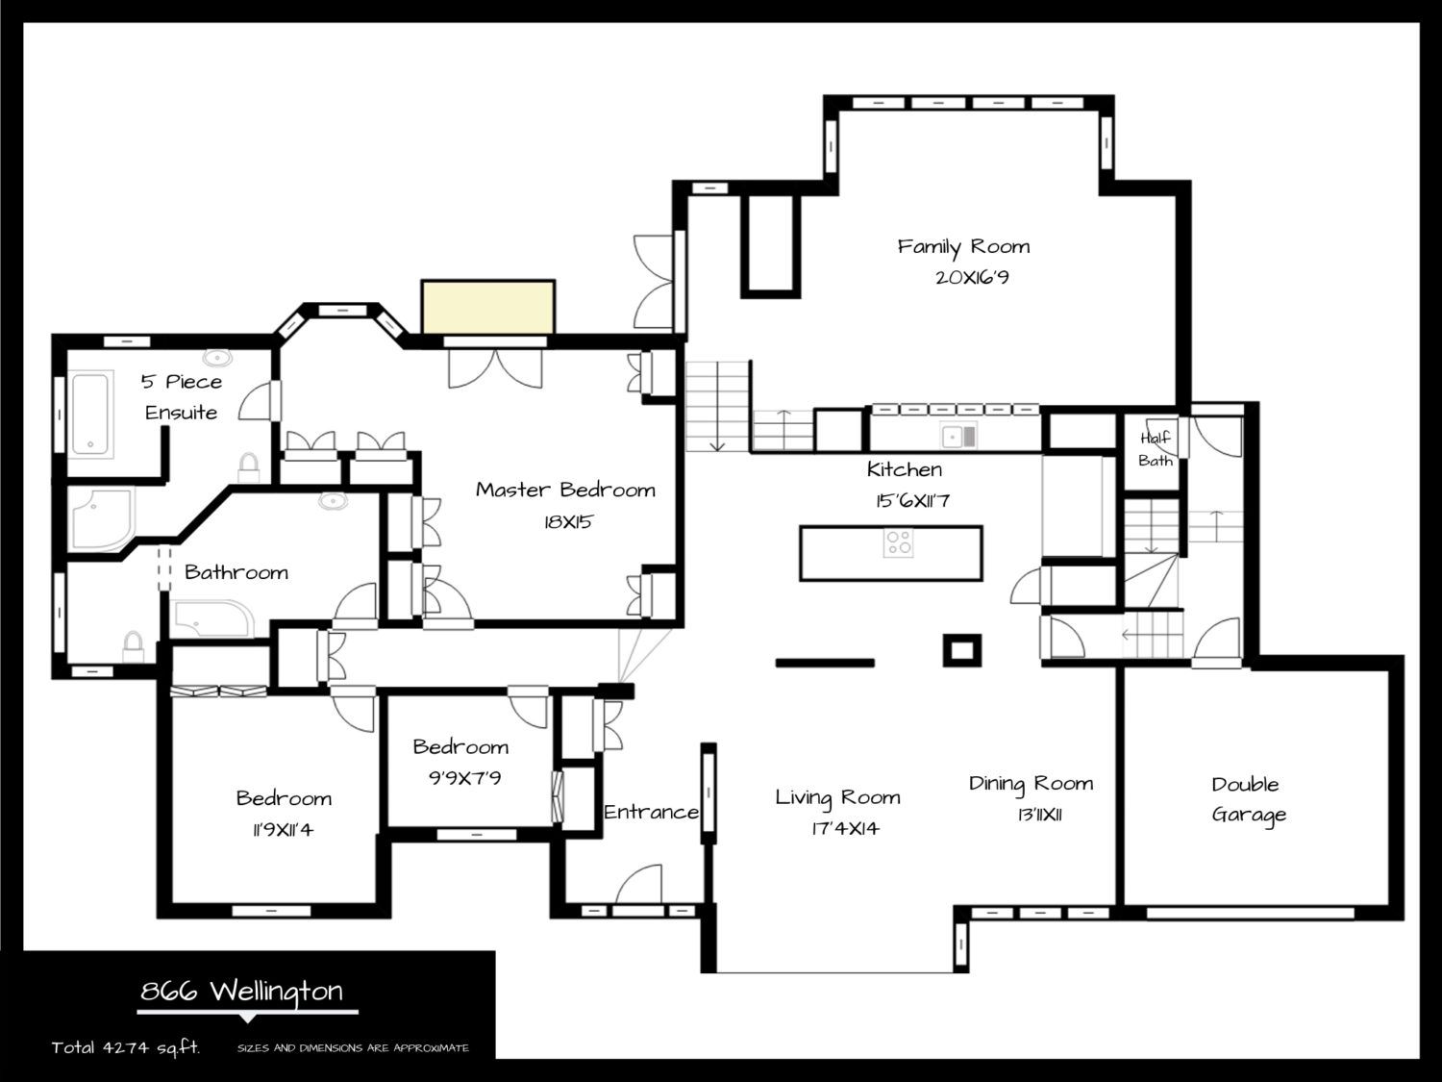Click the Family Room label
(964, 247)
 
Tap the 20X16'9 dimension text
(972, 277)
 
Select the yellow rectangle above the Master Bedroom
(488, 307)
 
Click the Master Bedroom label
(565, 490)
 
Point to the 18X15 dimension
(568, 522)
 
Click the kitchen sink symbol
(958, 437)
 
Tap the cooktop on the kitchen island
(898, 542)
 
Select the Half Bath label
(1155, 449)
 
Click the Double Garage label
(1248, 799)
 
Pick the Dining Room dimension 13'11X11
(1039, 816)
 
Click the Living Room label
(837, 797)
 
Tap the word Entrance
(651, 812)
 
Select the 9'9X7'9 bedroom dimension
(465, 778)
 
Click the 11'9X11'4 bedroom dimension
(284, 830)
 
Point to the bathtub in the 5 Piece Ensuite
(90, 414)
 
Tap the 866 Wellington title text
(241, 991)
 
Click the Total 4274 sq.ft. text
(126, 1047)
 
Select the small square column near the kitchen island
(961, 650)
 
